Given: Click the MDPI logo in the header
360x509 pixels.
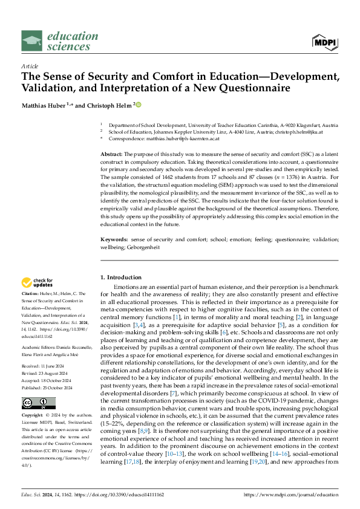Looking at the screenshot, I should (324, 41).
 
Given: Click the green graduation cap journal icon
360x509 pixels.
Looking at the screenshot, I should (31, 41).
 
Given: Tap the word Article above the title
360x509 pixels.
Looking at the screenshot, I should (30, 66).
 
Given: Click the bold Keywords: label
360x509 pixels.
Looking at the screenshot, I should (114, 239).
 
